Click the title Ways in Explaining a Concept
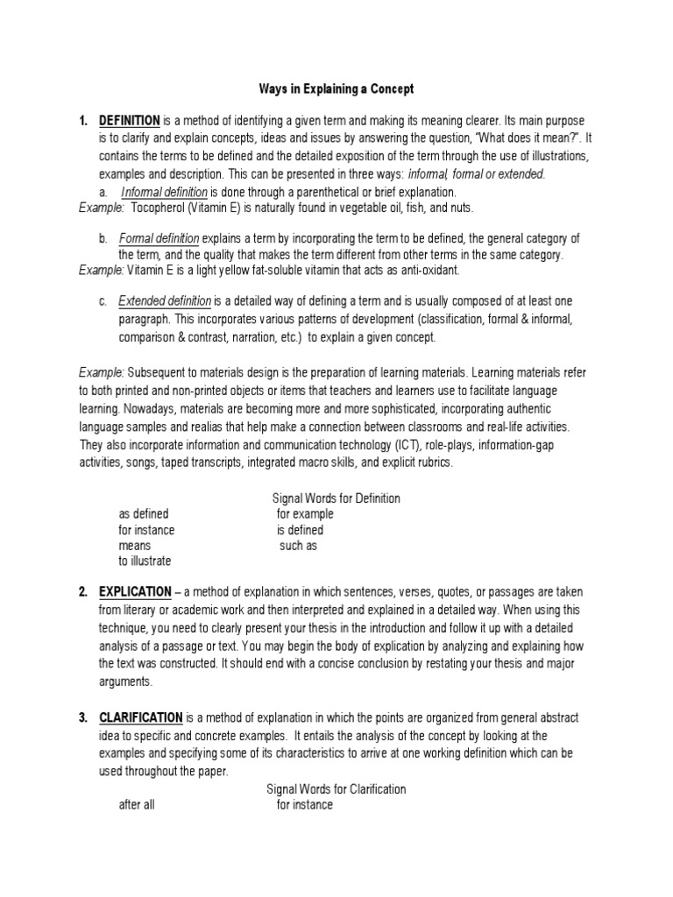point(336,89)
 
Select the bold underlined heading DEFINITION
point(129,120)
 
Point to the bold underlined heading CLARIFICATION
point(141,717)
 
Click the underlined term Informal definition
point(164,192)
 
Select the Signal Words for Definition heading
point(336,498)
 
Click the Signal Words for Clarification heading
point(336,789)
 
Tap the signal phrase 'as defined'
point(144,514)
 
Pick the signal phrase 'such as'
point(298,546)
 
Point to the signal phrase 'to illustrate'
point(145,562)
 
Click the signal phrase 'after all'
point(137,805)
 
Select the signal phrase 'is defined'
point(300,530)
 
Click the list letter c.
point(103,301)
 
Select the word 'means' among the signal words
point(135,546)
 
